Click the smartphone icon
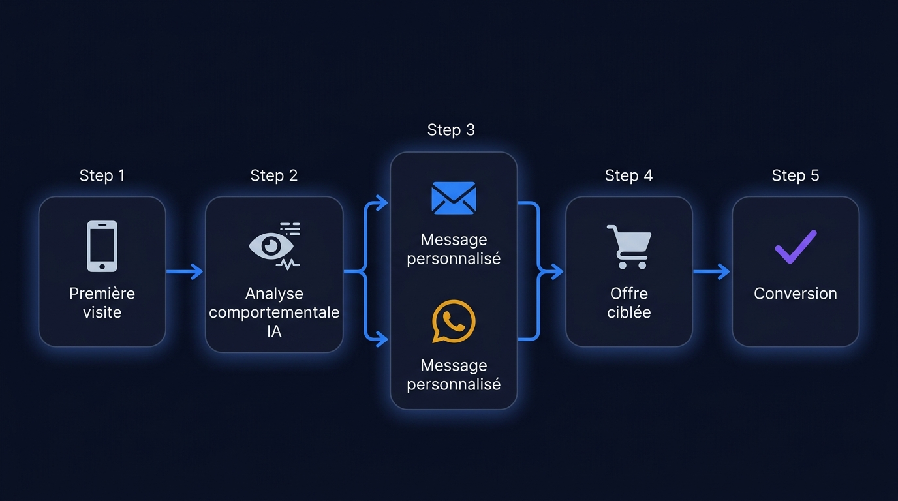pos(102,246)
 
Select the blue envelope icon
pos(454,198)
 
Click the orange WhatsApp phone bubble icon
pos(454,321)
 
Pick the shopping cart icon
pos(628,247)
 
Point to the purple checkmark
pos(796,247)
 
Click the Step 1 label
pos(102,175)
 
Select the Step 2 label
pos(274,175)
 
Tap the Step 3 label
pos(451,130)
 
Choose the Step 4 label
pos(628,175)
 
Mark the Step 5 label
pos(796,175)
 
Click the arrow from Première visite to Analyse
pos(185,271)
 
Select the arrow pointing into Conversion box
pos(711,271)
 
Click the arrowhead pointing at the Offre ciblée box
pos(557,271)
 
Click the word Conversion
pos(796,294)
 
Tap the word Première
pos(102,294)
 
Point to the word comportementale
pos(274,312)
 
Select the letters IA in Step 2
pos(274,331)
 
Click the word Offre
pos(628,294)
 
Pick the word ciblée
pos(628,312)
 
